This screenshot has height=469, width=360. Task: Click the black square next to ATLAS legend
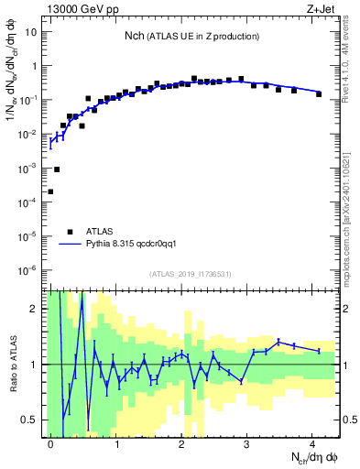click(70, 232)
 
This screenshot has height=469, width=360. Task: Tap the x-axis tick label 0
click(50, 442)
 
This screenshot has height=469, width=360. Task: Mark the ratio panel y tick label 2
click(37, 309)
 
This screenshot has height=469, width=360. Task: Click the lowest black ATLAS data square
click(50, 191)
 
